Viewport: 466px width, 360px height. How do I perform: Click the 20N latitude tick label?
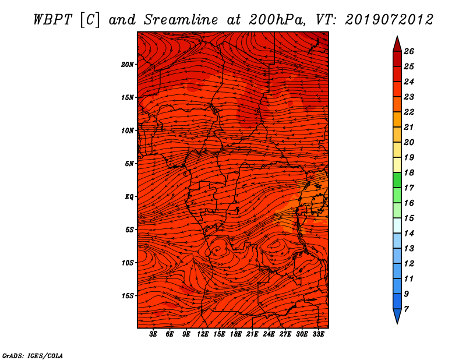[127, 65]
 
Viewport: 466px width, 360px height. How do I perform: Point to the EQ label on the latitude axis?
[129, 197]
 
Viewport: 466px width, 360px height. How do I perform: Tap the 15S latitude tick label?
[128, 296]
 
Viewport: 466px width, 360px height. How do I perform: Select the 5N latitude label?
[129, 164]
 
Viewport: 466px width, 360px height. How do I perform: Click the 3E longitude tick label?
[153, 334]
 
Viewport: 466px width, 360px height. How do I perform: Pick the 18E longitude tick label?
[235, 334]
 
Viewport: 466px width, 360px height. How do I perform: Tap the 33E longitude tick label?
[318, 334]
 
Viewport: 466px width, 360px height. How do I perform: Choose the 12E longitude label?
[202, 334]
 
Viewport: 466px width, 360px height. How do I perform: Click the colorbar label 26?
[409, 51]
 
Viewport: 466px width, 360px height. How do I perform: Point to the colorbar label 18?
[409, 172]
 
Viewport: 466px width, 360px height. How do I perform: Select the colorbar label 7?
[406, 309]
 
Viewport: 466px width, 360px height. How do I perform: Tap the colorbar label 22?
[409, 112]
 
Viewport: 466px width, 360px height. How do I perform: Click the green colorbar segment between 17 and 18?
[397, 180]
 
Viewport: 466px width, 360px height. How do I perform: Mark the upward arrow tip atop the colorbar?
[397, 36]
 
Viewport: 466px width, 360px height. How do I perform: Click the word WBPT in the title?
[52, 20]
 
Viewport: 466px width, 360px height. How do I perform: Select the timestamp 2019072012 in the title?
[389, 20]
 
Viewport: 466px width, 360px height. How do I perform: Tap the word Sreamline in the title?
[181, 20]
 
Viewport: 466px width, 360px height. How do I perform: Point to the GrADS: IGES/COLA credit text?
[33, 356]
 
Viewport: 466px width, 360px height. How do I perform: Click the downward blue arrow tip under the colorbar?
[397, 323]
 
